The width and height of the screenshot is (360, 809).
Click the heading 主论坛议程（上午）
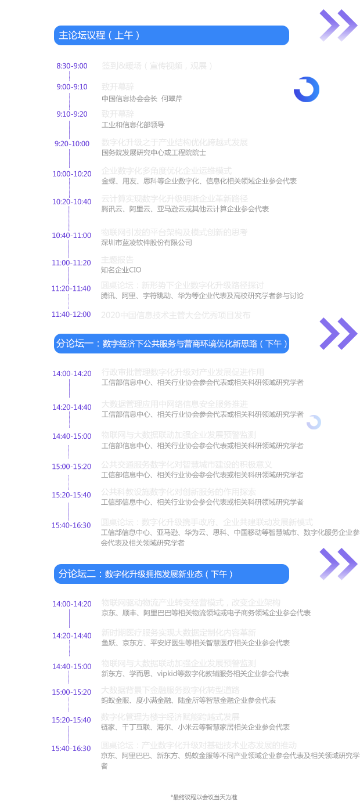99,35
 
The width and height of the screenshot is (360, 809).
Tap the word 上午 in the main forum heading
127,35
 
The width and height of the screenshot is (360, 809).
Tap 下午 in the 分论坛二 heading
218,574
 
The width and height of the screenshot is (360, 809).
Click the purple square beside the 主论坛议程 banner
339,26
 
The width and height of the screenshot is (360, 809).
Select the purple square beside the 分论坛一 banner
339,334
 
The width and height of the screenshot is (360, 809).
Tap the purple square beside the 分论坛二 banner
339,564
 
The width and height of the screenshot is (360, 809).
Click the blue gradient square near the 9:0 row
306,89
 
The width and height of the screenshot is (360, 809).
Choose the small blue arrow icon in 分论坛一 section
314,422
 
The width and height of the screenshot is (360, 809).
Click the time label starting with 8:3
71,66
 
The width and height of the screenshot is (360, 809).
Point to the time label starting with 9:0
71,87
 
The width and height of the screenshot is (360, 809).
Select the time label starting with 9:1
71,114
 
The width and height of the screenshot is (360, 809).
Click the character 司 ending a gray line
188,243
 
